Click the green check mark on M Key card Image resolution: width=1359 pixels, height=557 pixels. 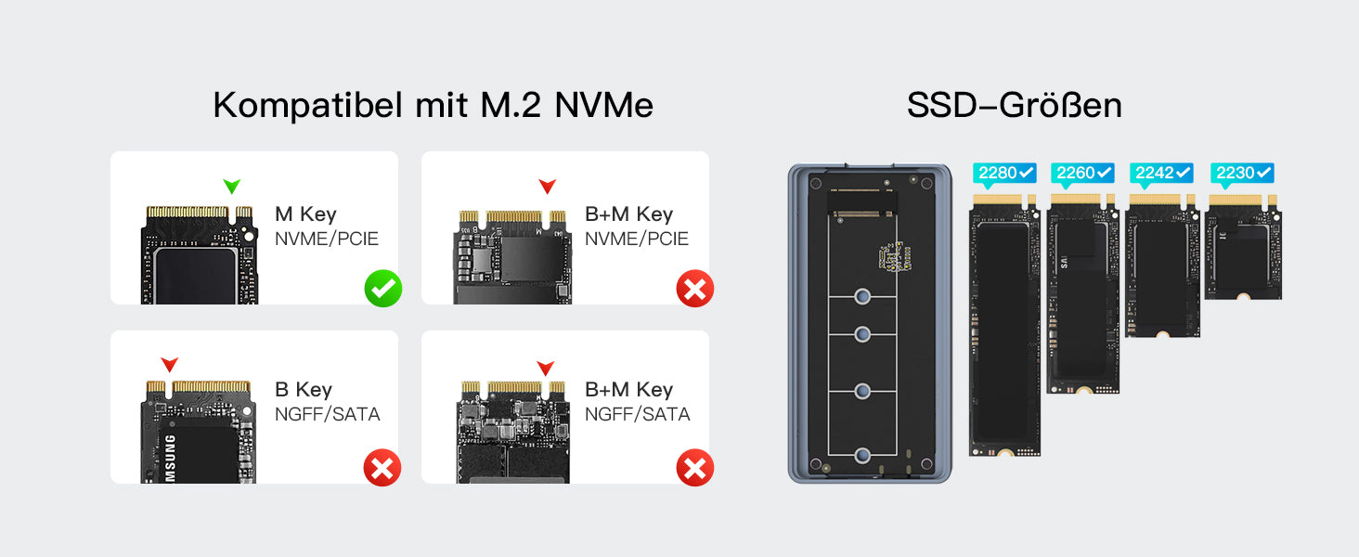[x=382, y=289]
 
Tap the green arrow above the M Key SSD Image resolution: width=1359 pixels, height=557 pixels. [x=231, y=187]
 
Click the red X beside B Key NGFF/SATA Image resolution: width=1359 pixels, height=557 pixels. [x=382, y=468]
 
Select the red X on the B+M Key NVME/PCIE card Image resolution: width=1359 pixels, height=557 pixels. [x=694, y=289]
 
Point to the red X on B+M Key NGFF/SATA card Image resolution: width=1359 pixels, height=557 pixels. [x=694, y=468]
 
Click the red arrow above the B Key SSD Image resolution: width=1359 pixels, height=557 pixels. [x=169, y=365]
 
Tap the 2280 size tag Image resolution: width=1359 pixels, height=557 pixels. [x=1004, y=173]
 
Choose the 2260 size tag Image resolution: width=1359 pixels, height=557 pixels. [x=1082, y=173]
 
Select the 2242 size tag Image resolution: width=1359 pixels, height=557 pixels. [x=1160, y=173]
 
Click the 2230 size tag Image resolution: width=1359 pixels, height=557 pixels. [x=1242, y=173]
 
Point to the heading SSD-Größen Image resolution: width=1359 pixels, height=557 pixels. [x=1014, y=105]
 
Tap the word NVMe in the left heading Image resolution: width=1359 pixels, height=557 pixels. [x=603, y=106]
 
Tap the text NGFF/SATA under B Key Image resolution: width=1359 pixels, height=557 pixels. [x=327, y=414]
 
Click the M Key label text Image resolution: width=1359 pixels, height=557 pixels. [x=305, y=214]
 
